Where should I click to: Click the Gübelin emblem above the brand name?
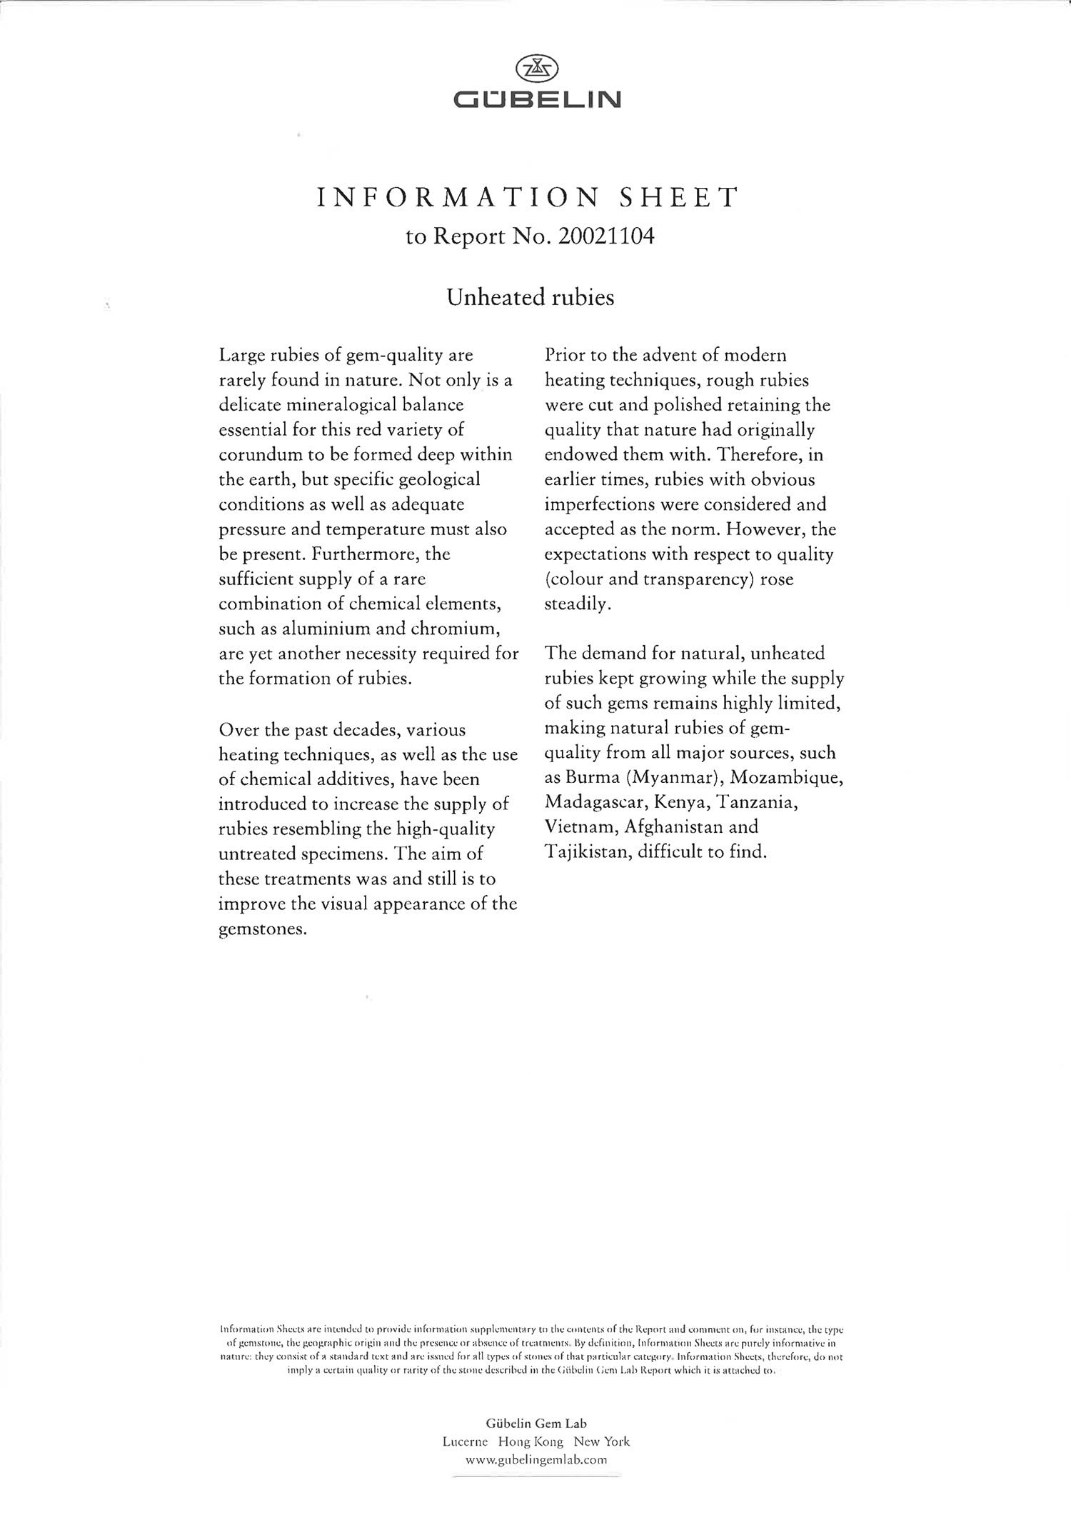point(537,68)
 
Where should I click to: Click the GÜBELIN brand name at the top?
point(537,99)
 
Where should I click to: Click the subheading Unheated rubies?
point(530,297)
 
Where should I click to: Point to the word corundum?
point(261,455)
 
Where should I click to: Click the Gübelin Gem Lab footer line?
point(536,1424)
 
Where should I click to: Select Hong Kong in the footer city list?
point(531,1441)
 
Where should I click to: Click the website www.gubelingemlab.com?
point(535,1460)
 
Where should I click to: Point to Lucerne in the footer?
point(465,1441)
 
